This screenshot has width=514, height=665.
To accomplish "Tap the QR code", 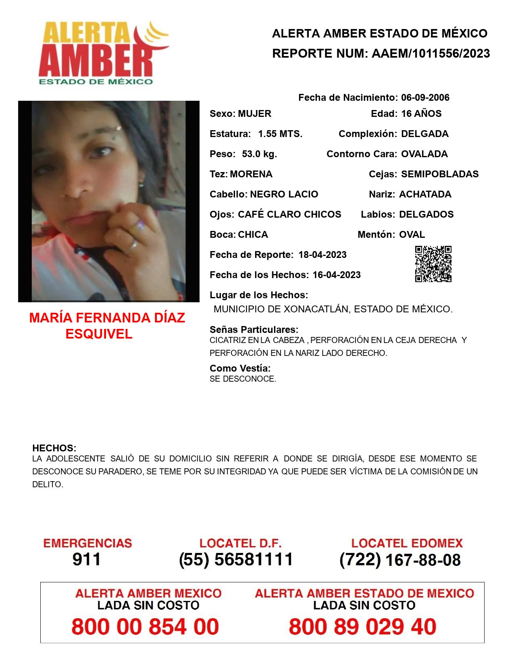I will [433, 264].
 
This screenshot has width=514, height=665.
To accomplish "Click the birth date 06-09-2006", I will [425, 98].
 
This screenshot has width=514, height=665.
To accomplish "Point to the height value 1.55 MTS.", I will [280, 134].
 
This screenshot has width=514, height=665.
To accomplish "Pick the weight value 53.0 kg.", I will [259, 154].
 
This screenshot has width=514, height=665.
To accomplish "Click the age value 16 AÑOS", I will [421, 114].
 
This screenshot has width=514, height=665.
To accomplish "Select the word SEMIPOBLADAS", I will [440, 174].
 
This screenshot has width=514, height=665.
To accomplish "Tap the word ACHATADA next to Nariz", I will [425, 194].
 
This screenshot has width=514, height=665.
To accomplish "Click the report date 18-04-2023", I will [323, 255].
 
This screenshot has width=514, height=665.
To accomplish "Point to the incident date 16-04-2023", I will [337, 275].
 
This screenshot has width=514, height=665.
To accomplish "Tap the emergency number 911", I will [87, 559].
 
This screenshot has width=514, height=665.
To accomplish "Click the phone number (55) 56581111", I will [236, 559].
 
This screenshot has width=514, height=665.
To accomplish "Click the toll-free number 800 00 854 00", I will [145, 627].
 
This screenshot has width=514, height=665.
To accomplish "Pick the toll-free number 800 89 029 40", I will [362, 627].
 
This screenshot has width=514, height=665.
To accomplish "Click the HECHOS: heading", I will [54, 448].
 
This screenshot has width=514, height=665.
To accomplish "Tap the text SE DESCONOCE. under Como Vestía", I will [243, 379].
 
